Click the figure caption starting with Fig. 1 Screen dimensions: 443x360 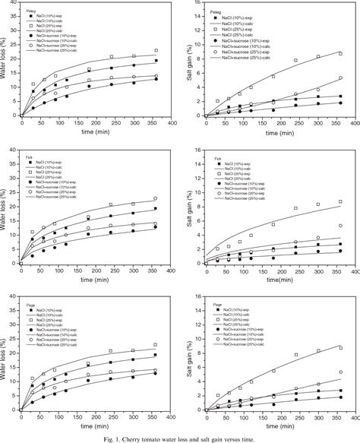click(180, 437)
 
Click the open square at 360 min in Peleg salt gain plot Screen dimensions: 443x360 click(340, 53)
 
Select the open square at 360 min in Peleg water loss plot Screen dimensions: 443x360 click(156, 51)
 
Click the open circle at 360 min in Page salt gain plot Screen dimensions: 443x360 click(340, 372)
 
